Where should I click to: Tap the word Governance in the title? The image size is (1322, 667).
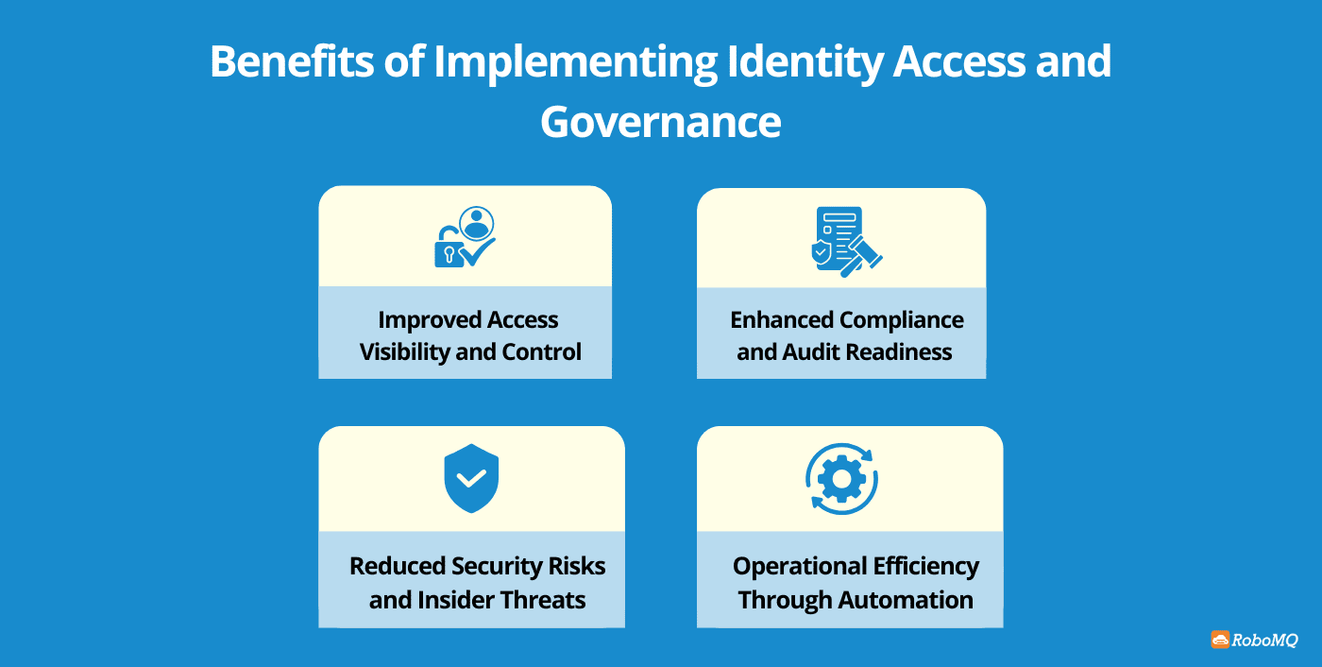pyautogui.click(x=660, y=122)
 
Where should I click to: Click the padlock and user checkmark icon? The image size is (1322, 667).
pyautogui.click(x=465, y=237)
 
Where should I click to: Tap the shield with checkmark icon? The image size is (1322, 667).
pyautogui.click(x=471, y=478)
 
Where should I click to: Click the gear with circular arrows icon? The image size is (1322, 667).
pyautogui.click(x=841, y=479)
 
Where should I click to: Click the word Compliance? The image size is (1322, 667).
pyautogui.click(x=902, y=320)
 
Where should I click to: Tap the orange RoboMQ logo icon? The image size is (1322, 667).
pyautogui.click(x=1220, y=640)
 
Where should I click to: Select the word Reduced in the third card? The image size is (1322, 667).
pyautogui.click(x=397, y=567)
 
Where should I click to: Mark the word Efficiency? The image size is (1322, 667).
pyautogui.click(x=925, y=567)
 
